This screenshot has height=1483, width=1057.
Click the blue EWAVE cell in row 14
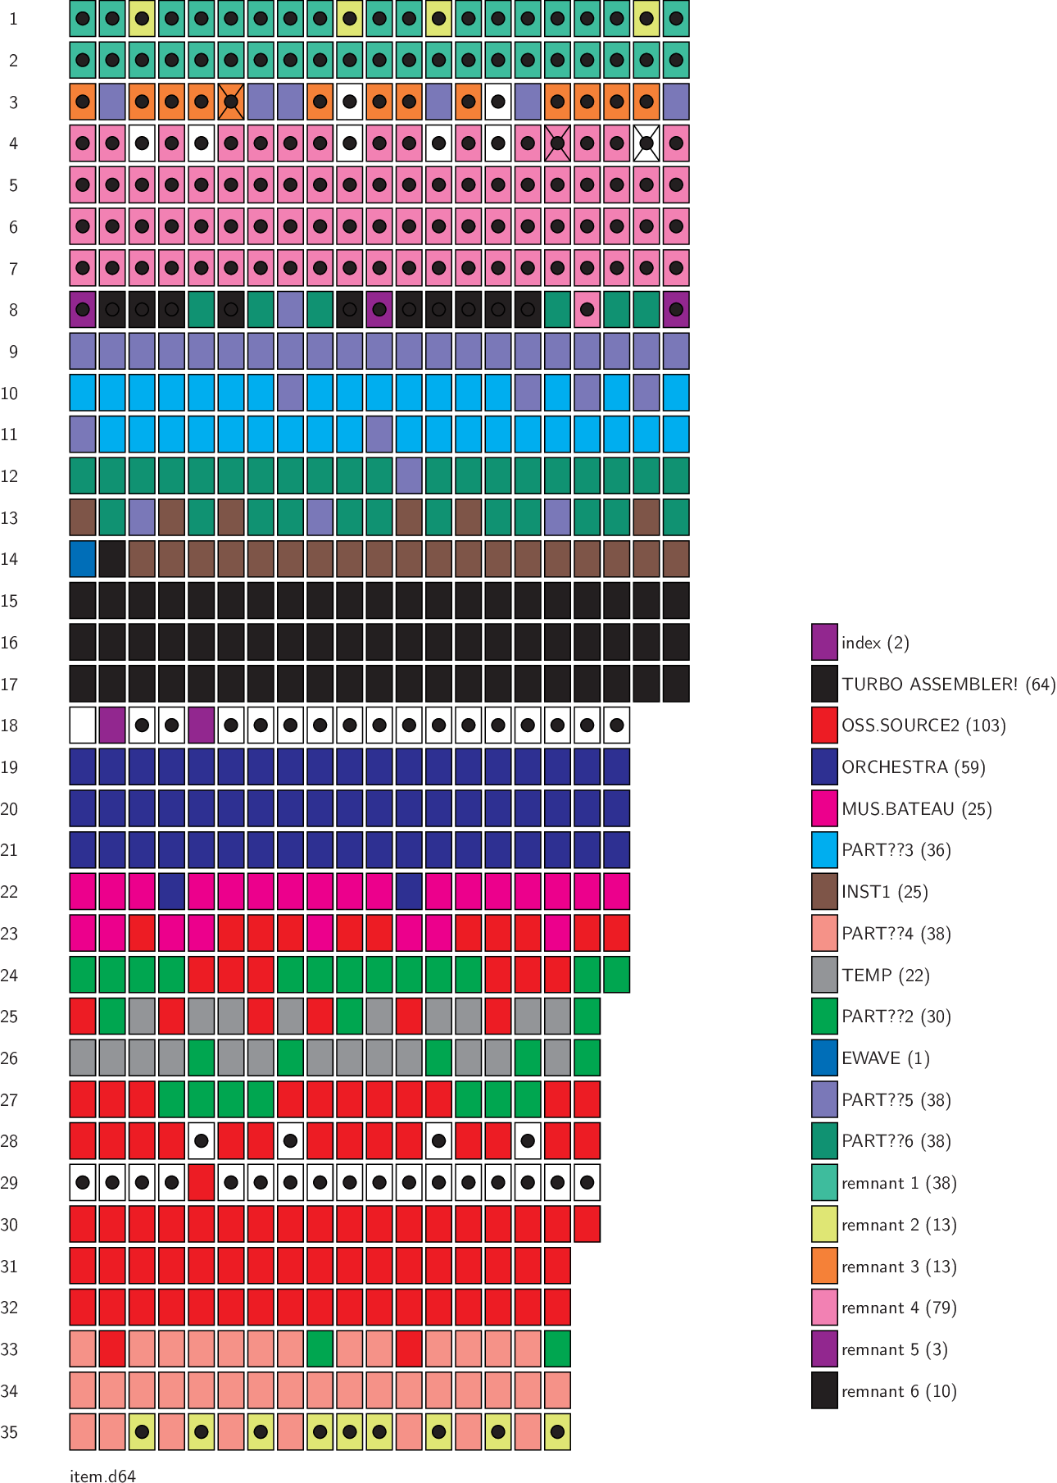click(83, 559)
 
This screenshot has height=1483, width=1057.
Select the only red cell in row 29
click(202, 1182)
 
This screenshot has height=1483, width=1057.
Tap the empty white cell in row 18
click(83, 726)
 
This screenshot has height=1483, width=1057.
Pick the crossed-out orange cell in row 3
click(231, 102)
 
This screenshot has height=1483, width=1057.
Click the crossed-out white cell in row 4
click(646, 143)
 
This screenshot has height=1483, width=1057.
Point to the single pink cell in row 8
click(587, 310)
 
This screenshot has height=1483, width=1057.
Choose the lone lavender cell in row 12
click(409, 476)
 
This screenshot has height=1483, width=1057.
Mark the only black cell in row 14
click(112, 559)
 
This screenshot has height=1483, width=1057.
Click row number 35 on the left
click(10, 1432)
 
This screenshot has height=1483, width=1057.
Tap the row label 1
click(13, 19)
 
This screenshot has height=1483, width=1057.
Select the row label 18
click(10, 726)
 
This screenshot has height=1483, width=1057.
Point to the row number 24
click(10, 975)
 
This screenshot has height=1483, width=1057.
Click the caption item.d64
click(102, 1476)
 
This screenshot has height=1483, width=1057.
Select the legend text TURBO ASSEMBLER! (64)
click(948, 684)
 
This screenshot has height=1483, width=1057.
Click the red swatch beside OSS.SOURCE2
click(824, 726)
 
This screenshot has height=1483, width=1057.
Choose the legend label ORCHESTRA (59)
click(913, 767)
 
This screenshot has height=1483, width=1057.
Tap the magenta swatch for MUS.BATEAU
click(824, 808)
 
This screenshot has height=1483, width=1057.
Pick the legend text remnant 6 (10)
click(899, 1391)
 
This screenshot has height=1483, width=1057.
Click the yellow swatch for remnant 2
click(824, 1224)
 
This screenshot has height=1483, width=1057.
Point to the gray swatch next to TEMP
click(824, 975)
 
